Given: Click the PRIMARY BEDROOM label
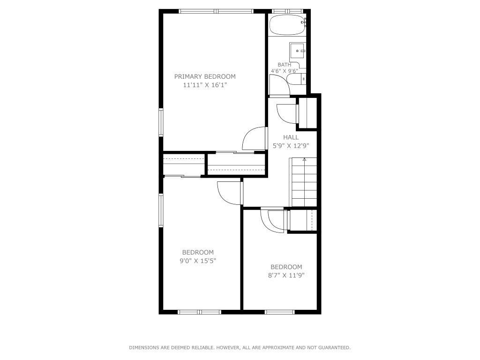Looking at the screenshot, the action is point(205,76).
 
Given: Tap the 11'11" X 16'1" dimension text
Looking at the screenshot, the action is point(205,85).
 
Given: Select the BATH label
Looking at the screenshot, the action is point(285,65).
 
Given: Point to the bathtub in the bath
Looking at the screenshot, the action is point(287,25).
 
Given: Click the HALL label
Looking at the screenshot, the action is point(291,137).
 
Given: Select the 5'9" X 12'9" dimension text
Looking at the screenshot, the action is point(291,146).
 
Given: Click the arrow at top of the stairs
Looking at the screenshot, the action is point(304,159).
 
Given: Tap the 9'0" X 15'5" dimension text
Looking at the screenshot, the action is point(198,261).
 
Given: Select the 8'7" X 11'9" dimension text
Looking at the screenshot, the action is point(286,275).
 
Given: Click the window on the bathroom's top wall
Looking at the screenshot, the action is point(287,11).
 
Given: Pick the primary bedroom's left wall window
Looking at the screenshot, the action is point(161,122).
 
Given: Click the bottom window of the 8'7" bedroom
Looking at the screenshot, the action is point(279,312).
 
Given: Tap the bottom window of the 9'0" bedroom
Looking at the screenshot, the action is point(199,312).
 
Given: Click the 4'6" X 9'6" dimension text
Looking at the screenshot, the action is point(285,71).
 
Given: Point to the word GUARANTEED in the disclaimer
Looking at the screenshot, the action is point(334,347).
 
